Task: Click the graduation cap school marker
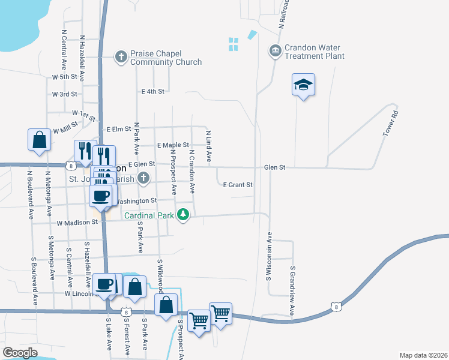304,85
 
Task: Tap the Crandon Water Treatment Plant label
315,52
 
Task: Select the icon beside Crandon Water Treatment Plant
276,50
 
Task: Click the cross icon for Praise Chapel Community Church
121,56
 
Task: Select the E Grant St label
238,185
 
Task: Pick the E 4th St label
152,92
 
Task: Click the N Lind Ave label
209,146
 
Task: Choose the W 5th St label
65,77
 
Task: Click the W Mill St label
66,128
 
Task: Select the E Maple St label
173,145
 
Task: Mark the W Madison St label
77,222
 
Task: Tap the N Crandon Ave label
192,172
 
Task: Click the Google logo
20,352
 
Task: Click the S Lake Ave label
109,334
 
